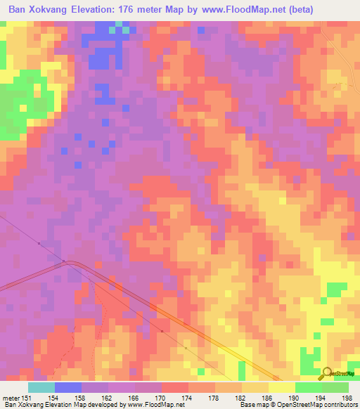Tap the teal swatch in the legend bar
coord(41,387)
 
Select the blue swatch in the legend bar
coord(68,387)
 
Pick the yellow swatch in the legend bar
coord(282,387)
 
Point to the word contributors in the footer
coord(341,405)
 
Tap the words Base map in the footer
coord(252,405)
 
